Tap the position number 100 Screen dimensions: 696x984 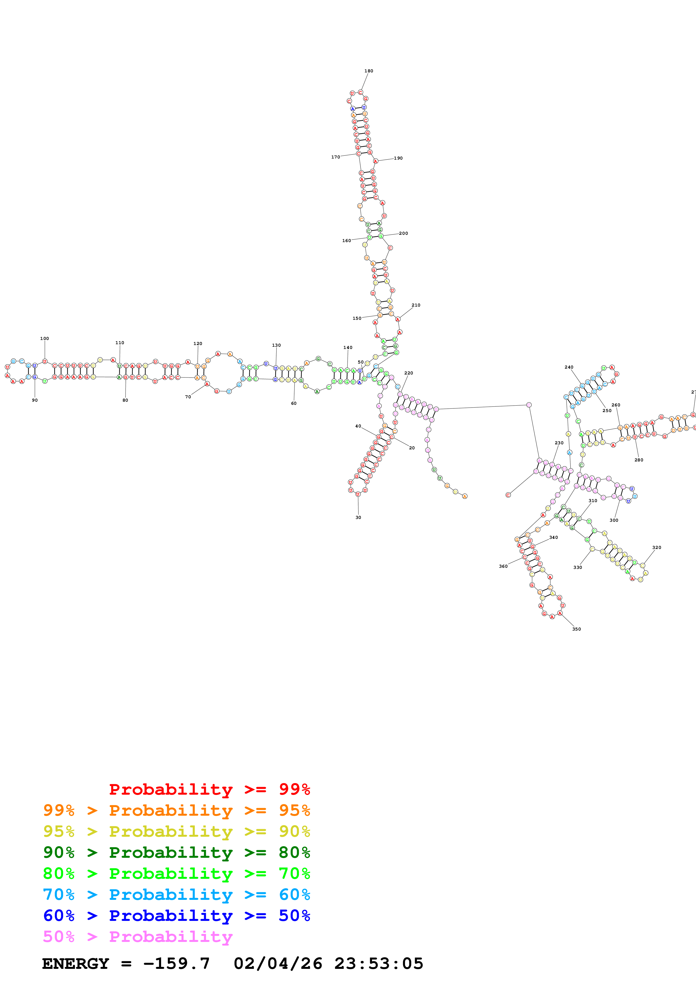(x=45, y=339)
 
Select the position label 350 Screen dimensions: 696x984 (x=576, y=629)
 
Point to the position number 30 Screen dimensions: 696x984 (x=358, y=517)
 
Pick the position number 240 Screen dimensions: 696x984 (x=569, y=367)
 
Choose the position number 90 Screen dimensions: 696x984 (x=35, y=400)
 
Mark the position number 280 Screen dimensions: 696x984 (x=638, y=460)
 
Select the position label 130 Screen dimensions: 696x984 (x=276, y=345)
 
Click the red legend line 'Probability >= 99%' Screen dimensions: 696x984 (x=209, y=789)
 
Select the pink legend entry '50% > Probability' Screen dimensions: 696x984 (x=138, y=936)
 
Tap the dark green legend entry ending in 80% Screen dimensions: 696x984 (x=177, y=852)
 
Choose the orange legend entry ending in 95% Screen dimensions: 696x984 (x=177, y=810)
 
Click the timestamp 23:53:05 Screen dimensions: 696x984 (x=379, y=964)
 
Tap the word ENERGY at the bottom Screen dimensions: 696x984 (x=76, y=964)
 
